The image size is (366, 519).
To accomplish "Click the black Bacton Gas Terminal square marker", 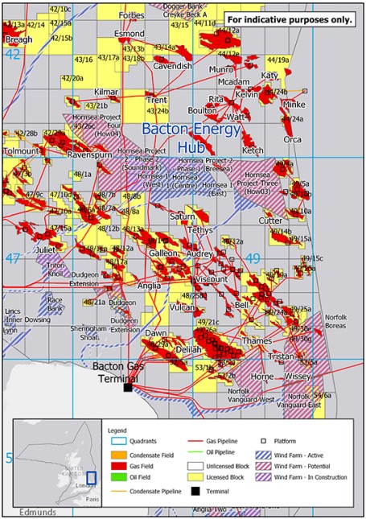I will click(127, 387).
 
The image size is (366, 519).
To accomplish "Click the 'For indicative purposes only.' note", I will click(289, 19).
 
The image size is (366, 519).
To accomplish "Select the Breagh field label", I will click(19, 39).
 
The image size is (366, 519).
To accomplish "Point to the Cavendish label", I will click(173, 66).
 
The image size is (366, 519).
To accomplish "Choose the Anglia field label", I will click(149, 285).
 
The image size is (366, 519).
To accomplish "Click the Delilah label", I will click(187, 349).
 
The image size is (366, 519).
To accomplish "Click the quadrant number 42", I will click(12, 54).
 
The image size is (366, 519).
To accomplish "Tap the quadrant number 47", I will click(12, 258).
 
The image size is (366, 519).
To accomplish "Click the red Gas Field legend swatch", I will click(113, 464).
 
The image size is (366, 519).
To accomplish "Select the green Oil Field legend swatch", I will click(113, 476).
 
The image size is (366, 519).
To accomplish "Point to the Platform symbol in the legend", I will click(264, 441).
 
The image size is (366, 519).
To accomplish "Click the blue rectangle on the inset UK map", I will click(91, 477).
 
